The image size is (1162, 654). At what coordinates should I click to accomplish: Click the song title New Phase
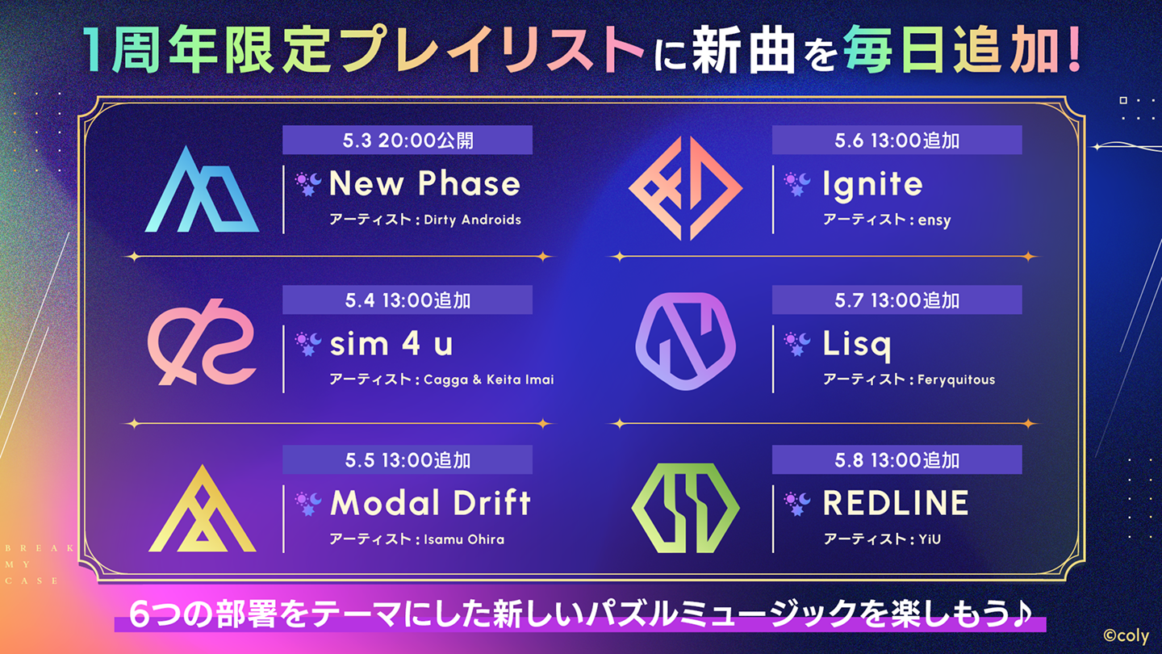coord(424,183)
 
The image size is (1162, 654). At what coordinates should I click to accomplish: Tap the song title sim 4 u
coord(391,343)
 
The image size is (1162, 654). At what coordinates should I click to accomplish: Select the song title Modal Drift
coord(431,502)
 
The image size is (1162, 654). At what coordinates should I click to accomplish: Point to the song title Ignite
coord(872,186)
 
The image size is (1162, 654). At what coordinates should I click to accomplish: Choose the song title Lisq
coord(857,346)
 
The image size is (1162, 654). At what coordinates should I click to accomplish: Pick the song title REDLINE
coord(896,502)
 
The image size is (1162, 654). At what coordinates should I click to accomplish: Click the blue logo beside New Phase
coord(202,189)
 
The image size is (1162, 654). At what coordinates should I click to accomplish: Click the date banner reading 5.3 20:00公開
coord(408,140)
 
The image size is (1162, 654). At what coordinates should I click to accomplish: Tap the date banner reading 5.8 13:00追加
coord(897,460)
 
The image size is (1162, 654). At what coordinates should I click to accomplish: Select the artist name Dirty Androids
coord(472,220)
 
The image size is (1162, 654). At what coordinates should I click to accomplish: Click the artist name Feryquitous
coord(956,380)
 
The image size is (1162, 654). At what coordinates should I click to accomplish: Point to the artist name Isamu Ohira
coord(464,539)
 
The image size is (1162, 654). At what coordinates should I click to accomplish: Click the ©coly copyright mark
coord(1126,636)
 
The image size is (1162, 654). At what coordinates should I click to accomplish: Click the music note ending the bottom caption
coord(1021,614)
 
